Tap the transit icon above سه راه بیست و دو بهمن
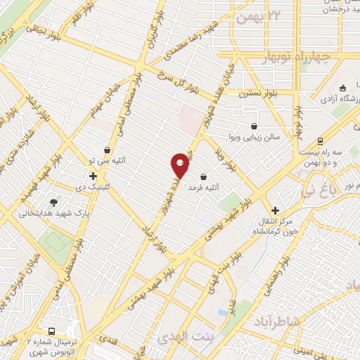click(321, 141)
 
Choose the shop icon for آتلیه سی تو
click(107, 150)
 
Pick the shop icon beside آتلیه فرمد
click(204, 176)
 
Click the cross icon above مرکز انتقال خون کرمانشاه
click(276, 210)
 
